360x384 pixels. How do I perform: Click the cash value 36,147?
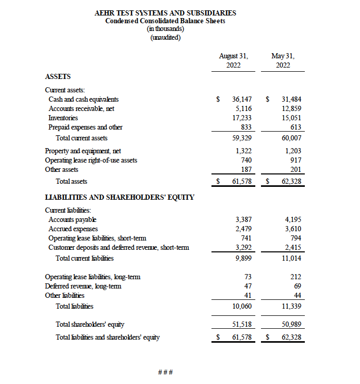(241, 99)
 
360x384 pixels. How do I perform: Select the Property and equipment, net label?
(83, 151)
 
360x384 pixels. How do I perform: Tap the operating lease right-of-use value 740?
(246, 160)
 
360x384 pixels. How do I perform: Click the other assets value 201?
(296, 169)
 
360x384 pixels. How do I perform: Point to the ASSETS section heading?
(58, 76)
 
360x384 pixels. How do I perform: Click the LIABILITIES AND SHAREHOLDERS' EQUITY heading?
(120, 197)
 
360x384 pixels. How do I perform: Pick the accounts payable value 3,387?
(243, 219)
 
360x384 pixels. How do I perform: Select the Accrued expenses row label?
(73, 229)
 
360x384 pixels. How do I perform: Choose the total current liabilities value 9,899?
(243, 258)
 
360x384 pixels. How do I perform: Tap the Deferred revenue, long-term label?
(83, 286)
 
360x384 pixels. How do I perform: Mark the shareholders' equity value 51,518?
(241, 324)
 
